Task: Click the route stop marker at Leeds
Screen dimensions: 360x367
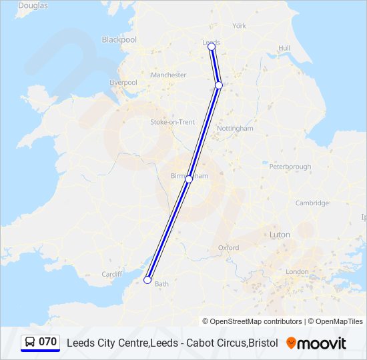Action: click(212, 46)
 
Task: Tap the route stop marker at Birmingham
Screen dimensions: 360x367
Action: click(189, 179)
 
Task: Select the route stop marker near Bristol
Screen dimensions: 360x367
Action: click(147, 280)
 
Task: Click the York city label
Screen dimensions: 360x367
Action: click(239, 26)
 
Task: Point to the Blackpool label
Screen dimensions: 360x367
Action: click(119, 40)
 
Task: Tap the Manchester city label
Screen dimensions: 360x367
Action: click(168, 75)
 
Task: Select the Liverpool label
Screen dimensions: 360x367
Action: click(123, 83)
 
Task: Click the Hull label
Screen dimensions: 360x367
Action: click(284, 48)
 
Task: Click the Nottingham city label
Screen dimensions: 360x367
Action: click(235, 128)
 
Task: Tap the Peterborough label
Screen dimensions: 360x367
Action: click(290, 167)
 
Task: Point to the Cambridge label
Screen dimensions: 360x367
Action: click(312, 203)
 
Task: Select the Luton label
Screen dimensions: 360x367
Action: click(279, 235)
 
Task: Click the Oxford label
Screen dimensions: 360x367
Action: click(228, 248)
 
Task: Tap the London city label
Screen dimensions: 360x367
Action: click(297, 272)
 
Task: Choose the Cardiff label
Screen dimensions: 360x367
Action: click(111, 274)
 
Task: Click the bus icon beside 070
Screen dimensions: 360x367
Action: click(30, 343)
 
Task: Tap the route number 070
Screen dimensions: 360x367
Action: click(48, 342)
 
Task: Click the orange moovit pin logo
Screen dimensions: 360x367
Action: click(291, 343)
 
